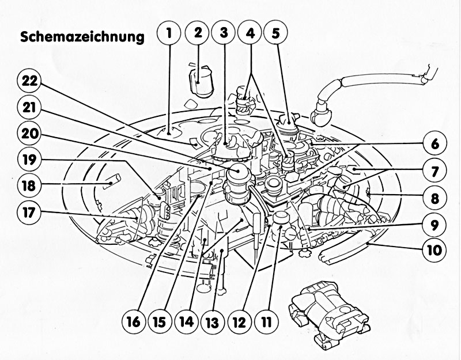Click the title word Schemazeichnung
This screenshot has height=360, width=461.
coord(82,37)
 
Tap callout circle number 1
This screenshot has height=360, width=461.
coord(169,33)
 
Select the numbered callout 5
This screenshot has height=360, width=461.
coord(275,33)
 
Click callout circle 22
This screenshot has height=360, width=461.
coord(29,81)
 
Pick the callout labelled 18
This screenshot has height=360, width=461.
coord(29,185)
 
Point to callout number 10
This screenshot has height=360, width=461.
coord(434,251)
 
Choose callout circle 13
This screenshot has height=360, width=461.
coord(213,323)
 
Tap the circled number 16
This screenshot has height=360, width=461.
coord(134,322)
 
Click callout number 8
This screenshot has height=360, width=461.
coord(434,198)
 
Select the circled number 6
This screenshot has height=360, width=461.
coord(434,144)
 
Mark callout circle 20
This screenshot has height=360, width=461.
coord(29,134)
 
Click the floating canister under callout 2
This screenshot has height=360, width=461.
coord(201,82)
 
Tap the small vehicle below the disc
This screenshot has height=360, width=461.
coord(328,315)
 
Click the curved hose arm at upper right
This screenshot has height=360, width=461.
coord(376,80)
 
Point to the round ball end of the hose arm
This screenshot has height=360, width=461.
coord(320,116)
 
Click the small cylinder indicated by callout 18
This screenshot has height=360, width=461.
coord(112,181)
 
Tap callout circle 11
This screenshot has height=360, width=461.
coord(266,323)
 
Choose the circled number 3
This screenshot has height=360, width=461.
coord(224,33)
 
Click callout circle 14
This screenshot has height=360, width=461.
coord(187,322)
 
